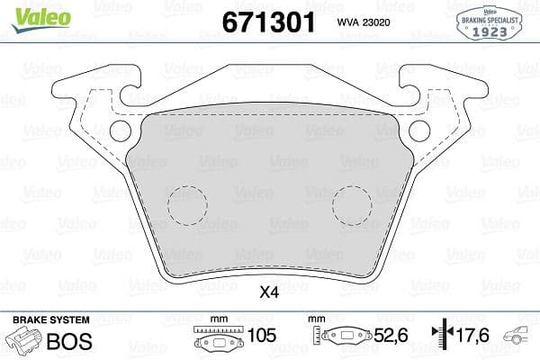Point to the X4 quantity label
(x=269, y=292)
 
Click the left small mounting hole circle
(x=120, y=130)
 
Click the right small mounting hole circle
(x=419, y=130)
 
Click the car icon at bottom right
(x=521, y=337)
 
